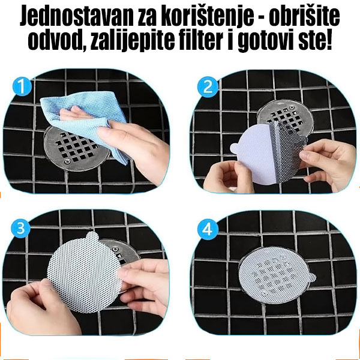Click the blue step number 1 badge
(x=22, y=88)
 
